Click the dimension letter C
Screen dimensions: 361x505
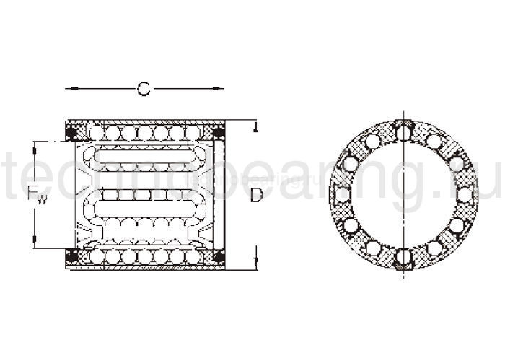tap(144, 89)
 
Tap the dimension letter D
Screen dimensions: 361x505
tap(256, 195)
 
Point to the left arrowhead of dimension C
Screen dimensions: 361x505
tap(69, 89)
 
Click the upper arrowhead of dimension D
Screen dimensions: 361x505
tap(256, 128)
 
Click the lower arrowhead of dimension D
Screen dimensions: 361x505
tap(256, 261)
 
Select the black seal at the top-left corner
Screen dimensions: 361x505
tap(72, 133)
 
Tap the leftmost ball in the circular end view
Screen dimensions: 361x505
tap(343, 194)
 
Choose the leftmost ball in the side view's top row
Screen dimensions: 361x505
tap(97, 133)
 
